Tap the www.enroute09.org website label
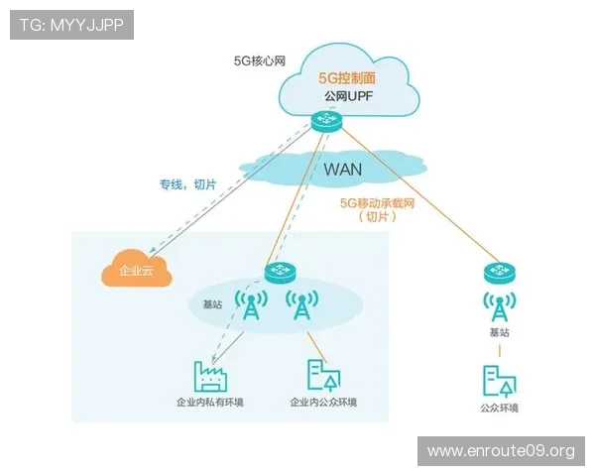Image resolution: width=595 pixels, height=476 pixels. [x=500, y=451]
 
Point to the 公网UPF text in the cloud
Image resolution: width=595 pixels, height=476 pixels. [x=346, y=97]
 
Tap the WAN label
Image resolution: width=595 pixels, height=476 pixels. [x=342, y=169]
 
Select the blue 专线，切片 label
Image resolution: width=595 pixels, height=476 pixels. [x=187, y=184]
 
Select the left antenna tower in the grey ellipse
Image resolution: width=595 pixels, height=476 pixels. [x=250, y=306]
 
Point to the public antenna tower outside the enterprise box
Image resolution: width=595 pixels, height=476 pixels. [x=499, y=306]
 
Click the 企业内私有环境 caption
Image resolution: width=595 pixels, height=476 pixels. [x=209, y=403]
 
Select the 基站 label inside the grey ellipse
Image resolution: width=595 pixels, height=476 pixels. [x=211, y=304]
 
